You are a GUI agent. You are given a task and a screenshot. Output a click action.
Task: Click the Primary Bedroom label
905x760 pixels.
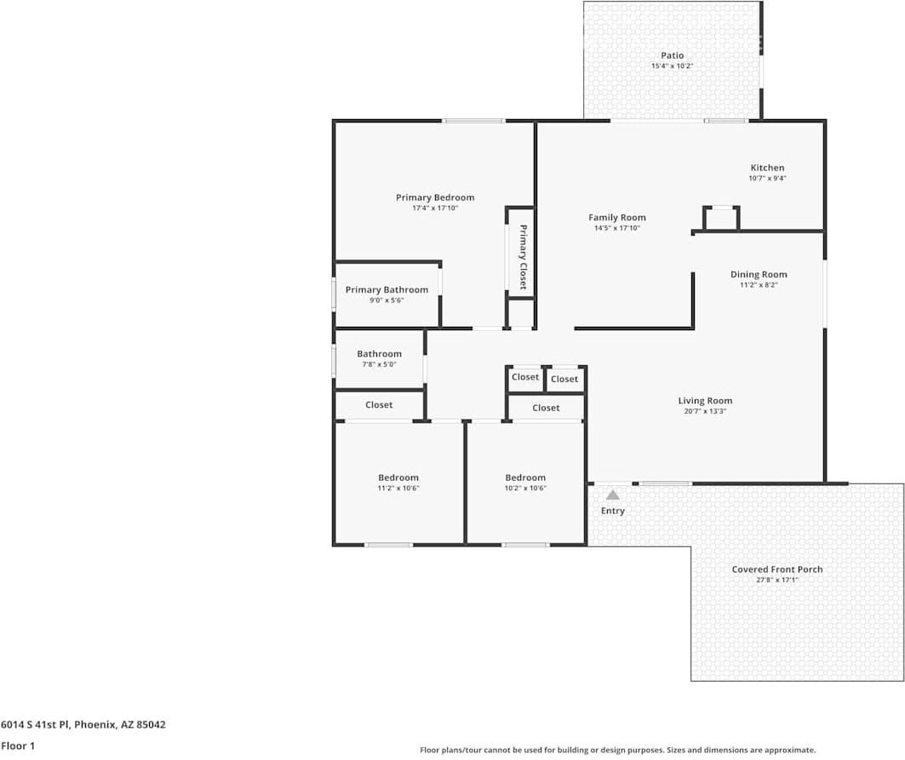point(434,197)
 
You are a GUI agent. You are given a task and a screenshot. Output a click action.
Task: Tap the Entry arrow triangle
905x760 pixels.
point(612,494)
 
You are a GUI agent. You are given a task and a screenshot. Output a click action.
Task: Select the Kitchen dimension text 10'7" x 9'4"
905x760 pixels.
point(767,179)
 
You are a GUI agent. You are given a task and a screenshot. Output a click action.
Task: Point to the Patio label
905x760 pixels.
point(672,55)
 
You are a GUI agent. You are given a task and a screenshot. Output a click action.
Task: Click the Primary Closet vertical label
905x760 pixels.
point(523,257)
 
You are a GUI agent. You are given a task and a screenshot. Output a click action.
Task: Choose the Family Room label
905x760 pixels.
point(616,217)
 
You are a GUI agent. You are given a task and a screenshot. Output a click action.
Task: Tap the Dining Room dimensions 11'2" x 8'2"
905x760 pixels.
point(758,285)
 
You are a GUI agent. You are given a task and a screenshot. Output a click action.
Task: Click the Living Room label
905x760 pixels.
point(704,401)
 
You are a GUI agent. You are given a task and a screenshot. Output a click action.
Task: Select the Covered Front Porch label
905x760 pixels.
point(776,569)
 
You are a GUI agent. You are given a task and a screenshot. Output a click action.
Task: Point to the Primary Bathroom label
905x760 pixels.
point(387,289)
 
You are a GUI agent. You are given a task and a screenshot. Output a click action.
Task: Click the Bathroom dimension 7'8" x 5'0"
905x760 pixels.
point(379,364)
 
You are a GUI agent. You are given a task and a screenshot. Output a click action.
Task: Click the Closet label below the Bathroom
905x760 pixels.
point(379,405)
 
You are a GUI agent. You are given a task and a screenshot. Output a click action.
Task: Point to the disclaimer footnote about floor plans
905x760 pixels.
point(617,750)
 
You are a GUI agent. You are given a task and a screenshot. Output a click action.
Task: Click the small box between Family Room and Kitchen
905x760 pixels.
point(721,218)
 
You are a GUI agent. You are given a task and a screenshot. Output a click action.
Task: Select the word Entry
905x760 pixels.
point(612,511)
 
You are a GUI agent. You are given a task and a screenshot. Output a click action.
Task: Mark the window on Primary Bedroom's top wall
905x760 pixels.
point(473,121)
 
